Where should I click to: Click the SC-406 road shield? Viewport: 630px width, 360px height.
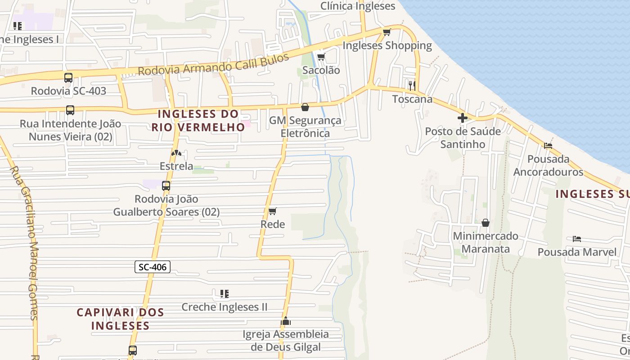coord(153,267)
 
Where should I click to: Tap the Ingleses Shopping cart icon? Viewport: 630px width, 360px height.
coord(387,32)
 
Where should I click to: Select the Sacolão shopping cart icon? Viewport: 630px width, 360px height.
coord(321,57)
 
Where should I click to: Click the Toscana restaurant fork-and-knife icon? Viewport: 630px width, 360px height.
coord(412,85)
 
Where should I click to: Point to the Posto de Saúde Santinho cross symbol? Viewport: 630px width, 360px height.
coord(462,118)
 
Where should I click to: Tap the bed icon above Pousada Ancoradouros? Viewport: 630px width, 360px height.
coord(548,145)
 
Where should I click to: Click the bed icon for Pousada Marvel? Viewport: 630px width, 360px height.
coord(577,238)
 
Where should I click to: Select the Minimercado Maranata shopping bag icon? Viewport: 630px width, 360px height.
coord(486,223)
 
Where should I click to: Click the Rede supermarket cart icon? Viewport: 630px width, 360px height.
coord(272,211)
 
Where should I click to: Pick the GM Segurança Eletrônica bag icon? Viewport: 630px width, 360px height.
coord(305,107)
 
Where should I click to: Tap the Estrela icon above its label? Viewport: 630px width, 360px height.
coord(176,153)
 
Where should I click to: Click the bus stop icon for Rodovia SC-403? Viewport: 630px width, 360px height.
coord(68,78)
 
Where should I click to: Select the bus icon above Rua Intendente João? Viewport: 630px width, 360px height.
coord(70,110)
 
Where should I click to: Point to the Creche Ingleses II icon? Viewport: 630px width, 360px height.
coord(224,294)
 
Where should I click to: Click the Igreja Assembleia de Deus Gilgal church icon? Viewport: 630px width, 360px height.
coord(286,321)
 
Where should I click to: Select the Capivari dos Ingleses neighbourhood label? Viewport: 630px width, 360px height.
coord(120,319)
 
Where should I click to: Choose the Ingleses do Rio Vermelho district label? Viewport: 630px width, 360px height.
coord(198,121)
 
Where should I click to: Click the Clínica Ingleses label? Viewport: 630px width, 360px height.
coord(358,6)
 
